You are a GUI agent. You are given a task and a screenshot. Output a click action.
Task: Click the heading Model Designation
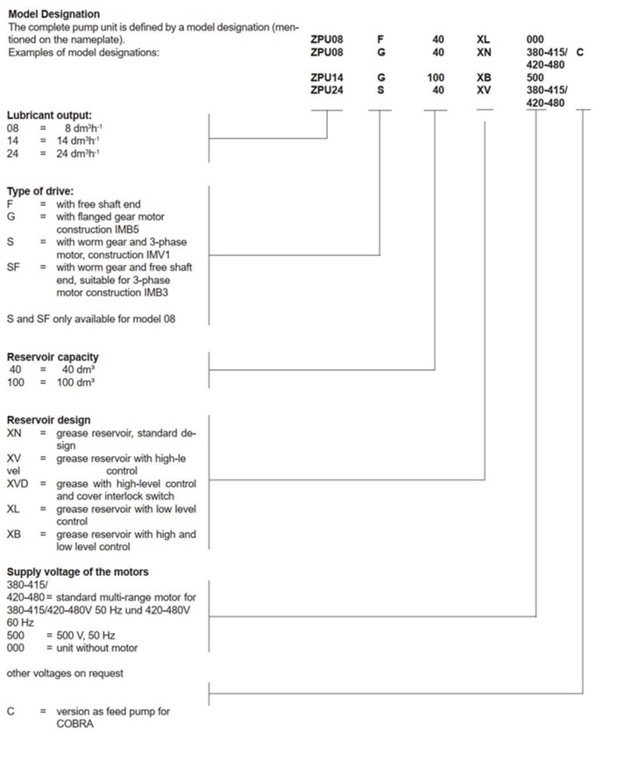click(x=53, y=15)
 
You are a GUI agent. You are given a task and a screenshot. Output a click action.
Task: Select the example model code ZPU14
click(x=327, y=77)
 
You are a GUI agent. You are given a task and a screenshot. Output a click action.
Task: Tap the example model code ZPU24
click(x=327, y=89)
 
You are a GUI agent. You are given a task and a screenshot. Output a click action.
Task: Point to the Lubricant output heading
click(x=49, y=116)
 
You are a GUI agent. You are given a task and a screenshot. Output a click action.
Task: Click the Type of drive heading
click(x=39, y=191)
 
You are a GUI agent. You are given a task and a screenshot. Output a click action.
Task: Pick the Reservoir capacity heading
click(x=53, y=357)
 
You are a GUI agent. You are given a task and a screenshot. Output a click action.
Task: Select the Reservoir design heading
click(x=48, y=420)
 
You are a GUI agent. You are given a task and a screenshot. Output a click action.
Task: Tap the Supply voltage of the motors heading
click(x=77, y=572)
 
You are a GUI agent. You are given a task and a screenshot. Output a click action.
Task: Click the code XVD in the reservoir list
click(x=18, y=484)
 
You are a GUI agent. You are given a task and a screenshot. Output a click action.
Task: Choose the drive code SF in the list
click(x=13, y=267)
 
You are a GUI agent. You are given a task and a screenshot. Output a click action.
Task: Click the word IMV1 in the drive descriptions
click(x=167, y=254)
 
